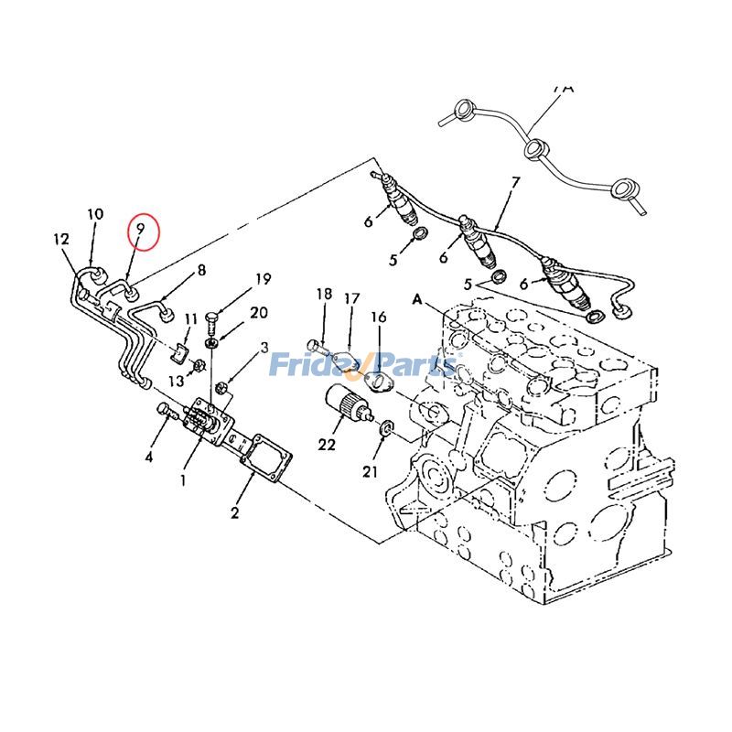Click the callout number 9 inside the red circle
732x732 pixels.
point(140,231)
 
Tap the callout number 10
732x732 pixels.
point(95,214)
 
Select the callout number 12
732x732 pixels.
point(61,240)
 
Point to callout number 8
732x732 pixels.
point(201,270)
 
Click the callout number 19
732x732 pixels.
point(264,279)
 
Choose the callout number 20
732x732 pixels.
point(259,312)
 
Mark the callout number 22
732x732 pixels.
point(327,445)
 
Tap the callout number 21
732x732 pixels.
point(370,471)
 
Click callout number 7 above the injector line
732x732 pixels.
point(515,182)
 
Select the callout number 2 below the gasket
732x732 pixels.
point(234,513)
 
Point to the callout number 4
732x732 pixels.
point(148,456)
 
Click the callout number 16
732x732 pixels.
point(378,317)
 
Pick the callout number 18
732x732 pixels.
point(324,294)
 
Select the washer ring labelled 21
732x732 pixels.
point(386,426)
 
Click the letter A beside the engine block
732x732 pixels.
point(418,299)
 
